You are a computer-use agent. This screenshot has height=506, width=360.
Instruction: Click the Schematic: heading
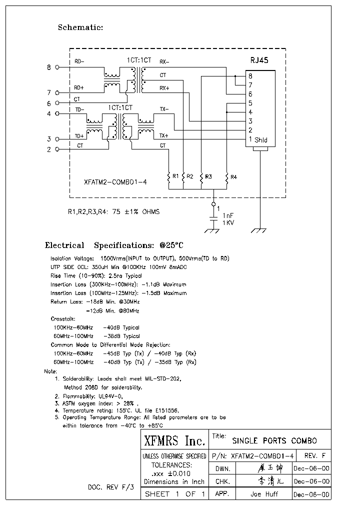click(80, 27)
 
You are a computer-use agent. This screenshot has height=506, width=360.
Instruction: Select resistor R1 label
click(175, 176)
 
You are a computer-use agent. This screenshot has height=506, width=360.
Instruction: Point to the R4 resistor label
click(234, 176)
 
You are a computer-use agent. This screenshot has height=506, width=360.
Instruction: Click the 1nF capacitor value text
click(228, 214)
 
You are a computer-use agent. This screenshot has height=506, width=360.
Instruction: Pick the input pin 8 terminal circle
click(57, 67)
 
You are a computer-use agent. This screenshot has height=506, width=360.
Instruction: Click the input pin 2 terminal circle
click(57, 149)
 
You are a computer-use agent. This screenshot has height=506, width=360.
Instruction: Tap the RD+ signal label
click(79, 87)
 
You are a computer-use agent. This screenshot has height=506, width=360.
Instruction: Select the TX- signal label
click(164, 109)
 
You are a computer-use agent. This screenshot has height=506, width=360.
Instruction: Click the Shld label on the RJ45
click(261, 140)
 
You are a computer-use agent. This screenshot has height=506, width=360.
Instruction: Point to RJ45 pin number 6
click(250, 94)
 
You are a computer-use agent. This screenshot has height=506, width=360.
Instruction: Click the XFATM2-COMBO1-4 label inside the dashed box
click(115, 182)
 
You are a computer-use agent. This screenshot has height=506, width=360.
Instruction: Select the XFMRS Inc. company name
click(174, 441)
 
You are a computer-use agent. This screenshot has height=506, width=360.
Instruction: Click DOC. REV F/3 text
click(111, 486)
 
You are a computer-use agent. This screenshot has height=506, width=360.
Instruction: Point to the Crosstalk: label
click(63, 318)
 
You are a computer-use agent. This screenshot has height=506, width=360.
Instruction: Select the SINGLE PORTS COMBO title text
click(274, 441)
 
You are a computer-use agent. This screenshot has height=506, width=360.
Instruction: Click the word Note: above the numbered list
click(50, 371)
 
